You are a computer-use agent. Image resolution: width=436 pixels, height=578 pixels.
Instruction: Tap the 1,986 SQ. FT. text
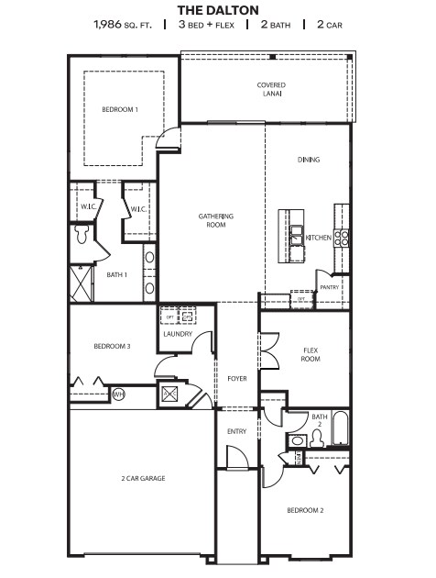point(125,24)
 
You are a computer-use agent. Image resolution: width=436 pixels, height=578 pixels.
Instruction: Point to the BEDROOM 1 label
point(119,110)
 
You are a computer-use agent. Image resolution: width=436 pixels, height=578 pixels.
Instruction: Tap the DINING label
point(309,160)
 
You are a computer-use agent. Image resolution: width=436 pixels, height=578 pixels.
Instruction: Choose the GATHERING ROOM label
point(217,220)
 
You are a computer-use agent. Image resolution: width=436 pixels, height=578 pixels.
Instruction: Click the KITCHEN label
point(318,238)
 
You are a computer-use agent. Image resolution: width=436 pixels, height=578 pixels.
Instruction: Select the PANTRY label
point(330,287)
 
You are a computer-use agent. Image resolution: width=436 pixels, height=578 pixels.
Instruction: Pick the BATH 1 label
point(116,274)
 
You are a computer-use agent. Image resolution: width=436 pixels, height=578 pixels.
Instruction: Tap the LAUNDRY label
point(177,334)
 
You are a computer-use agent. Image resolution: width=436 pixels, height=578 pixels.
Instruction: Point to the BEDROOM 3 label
point(113,346)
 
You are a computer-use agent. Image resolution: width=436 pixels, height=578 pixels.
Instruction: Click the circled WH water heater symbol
point(118,395)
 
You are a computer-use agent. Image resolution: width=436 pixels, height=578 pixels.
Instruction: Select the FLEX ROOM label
point(311,354)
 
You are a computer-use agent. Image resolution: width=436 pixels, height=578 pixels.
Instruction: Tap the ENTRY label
point(236,430)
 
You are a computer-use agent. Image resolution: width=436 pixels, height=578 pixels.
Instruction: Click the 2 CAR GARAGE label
point(143,477)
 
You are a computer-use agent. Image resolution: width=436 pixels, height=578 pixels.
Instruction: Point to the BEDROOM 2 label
point(305,510)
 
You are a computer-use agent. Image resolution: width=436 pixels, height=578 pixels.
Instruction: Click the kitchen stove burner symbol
point(341,238)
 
